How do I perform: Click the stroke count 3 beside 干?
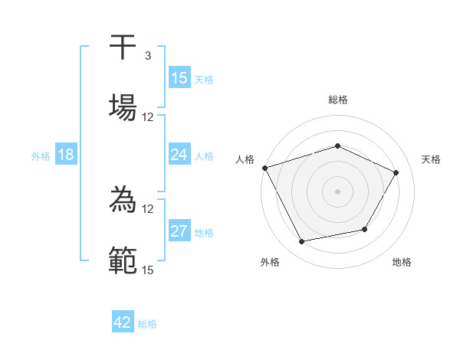click(x=147, y=56)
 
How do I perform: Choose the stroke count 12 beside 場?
click(x=147, y=116)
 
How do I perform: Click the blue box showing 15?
click(x=179, y=78)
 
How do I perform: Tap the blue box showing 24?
click(x=179, y=155)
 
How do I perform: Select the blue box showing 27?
click(x=179, y=231)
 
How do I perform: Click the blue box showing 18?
click(x=66, y=155)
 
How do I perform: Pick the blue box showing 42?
click(x=123, y=322)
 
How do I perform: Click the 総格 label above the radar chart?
click(x=338, y=100)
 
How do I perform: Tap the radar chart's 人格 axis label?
click(x=245, y=159)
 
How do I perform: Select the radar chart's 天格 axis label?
click(x=431, y=159)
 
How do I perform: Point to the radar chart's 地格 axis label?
click(x=402, y=262)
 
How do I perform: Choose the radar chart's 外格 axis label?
click(x=270, y=262)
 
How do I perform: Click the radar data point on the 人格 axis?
click(x=264, y=168)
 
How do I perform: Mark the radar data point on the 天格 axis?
click(x=396, y=172)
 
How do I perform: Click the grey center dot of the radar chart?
click(x=338, y=191)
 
